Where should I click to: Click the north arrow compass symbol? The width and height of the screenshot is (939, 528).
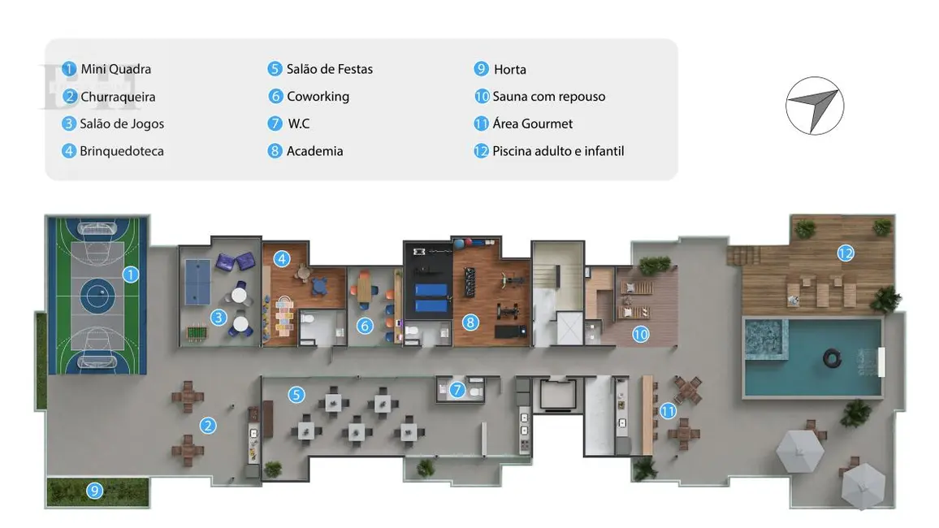(x=815, y=106)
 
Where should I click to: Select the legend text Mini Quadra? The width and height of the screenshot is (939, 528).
(x=115, y=69)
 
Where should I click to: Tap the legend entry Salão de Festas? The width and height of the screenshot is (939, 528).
(x=329, y=69)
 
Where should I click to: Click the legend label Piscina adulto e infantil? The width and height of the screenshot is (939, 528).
(x=558, y=151)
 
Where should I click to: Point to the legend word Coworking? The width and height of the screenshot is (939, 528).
(x=318, y=97)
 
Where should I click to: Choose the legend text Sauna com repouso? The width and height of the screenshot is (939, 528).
(x=548, y=97)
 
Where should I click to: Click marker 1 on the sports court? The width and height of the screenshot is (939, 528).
(x=130, y=275)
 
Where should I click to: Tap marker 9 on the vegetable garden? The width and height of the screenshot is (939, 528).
(x=95, y=490)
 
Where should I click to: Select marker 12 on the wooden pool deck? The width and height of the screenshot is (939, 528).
(x=846, y=253)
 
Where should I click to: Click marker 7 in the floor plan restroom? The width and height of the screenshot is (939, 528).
(x=457, y=390)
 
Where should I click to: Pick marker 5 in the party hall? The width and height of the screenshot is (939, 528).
(x=296, y=395)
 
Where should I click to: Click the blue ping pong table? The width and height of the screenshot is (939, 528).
(x=197, y=268)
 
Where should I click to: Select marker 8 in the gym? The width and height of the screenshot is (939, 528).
(x=469, y=322)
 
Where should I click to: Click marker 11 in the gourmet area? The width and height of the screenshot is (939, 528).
(x=668, y=411)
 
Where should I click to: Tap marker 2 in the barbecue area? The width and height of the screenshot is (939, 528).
(x=209, y=425)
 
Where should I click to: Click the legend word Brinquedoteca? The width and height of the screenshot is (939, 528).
(x=121, y=151)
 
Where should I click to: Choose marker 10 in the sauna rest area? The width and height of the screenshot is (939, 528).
(x=640, y=333)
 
